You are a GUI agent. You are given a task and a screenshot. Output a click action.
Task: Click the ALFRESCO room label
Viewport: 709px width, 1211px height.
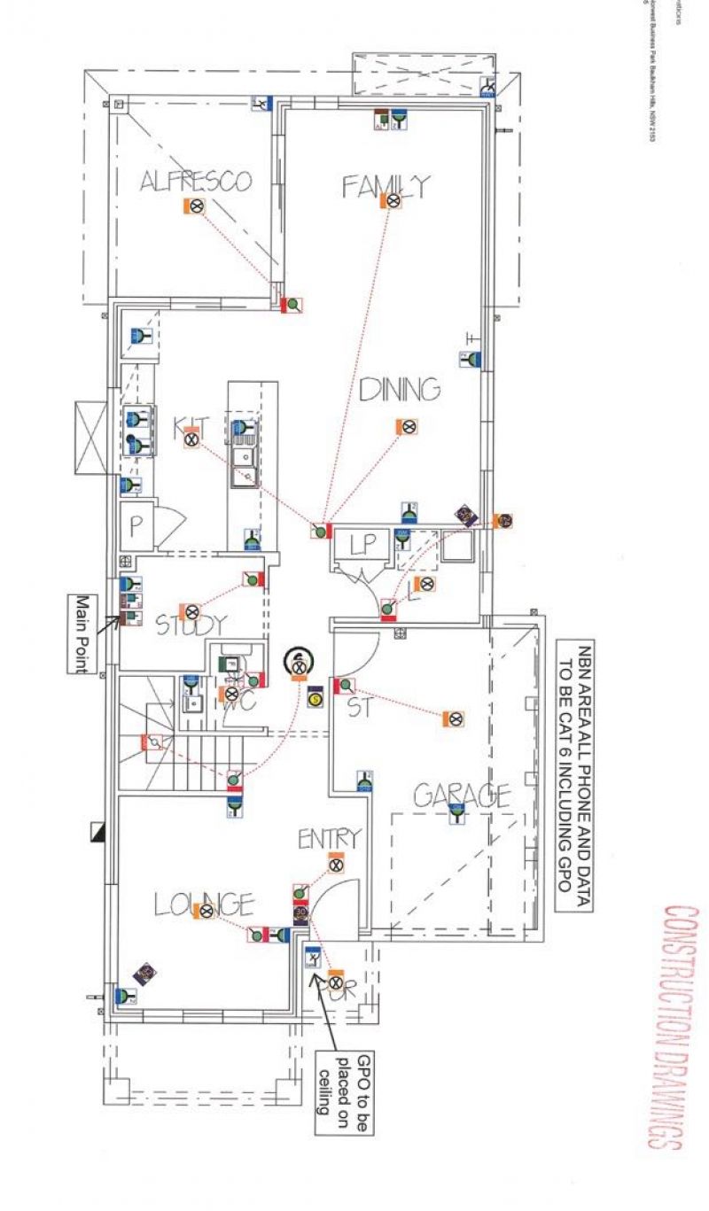(x=196, y=182)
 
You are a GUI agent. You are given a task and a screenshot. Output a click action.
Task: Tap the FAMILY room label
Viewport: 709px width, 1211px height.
(x=386, y=185)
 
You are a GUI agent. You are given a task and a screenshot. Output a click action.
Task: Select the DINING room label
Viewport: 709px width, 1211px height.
(x=400, y=389)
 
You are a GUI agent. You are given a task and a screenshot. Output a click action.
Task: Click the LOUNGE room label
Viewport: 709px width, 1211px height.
(x=205, y=904)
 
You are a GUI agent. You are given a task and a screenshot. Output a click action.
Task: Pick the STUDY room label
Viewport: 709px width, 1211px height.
(x=191, y=625)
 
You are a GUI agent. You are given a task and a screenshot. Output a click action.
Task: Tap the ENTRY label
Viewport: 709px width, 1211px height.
(x=329, y=837)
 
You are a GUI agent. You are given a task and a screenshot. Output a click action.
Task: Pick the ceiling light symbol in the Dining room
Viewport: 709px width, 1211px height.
(x=408, y=427)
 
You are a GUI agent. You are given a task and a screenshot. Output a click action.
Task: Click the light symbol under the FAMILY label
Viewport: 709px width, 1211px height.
(x=393, y=201)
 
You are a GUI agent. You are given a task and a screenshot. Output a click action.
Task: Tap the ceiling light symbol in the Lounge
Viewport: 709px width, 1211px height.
(x=206, y=911)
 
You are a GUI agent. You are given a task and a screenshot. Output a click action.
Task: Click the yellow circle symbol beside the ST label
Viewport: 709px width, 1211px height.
(x=315, y=700)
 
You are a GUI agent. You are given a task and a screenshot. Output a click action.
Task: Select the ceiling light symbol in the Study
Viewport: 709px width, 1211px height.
(x=191, y=611)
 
